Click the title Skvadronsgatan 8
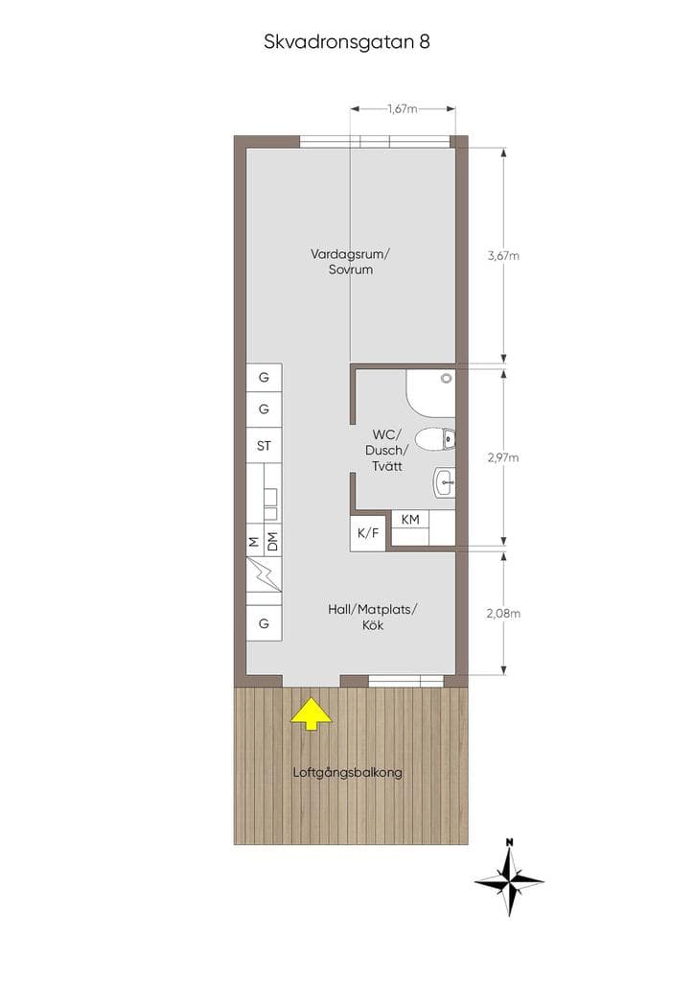pyautogui.click(x=347, y=42)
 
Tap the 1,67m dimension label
pyautogui.click(x=403, y=109)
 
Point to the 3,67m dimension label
pyautogui.click(x=503, y=255)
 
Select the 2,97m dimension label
pyautogui.click(x=503, y=457)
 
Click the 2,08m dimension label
pyautogui.click(x=503, y=614)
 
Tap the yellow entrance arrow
pyautogui.click(x=311, y=714)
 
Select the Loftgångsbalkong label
pyautogui.click(x=347, y=773)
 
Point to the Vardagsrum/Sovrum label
pyautogui.click(x=351, y=262)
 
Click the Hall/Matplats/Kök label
pyautogui.click(x=373, y=617)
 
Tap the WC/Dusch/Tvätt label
pyautogui.click(x=386, y=451)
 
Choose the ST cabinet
pyautogui.click(x=264, y=445)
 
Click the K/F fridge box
pyautogui.click(x=368, y=533)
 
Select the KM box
pyautogui.click(x=410, y=519)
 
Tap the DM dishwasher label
pyautogui.click(x=272, y=543)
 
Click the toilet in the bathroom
pyautogui.click(x=435, y=439)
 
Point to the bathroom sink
pyautogui.click(x=444, y=482)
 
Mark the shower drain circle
pyautogui.click(x=446, y=378)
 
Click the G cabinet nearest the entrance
pyautogui.click(x=264, y=623)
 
